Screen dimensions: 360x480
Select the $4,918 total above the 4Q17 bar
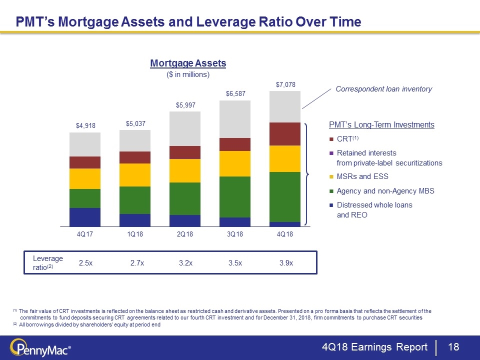[x=84, y=125]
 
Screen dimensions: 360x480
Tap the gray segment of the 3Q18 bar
[x=234, y=119]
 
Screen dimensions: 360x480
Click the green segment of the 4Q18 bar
[x=284, y=196]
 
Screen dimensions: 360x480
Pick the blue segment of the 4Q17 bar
[x=84, y=216]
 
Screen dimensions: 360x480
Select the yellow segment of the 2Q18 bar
[x=184, y=170]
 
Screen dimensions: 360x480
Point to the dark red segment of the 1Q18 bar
[x=134, y=157]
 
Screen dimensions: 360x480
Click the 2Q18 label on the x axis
[x=184, y=235]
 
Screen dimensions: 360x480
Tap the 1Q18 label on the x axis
[x=134, y=235]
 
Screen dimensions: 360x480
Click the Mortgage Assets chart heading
[x=188, y=63]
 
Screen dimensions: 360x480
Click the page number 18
[x=453, y=347]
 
